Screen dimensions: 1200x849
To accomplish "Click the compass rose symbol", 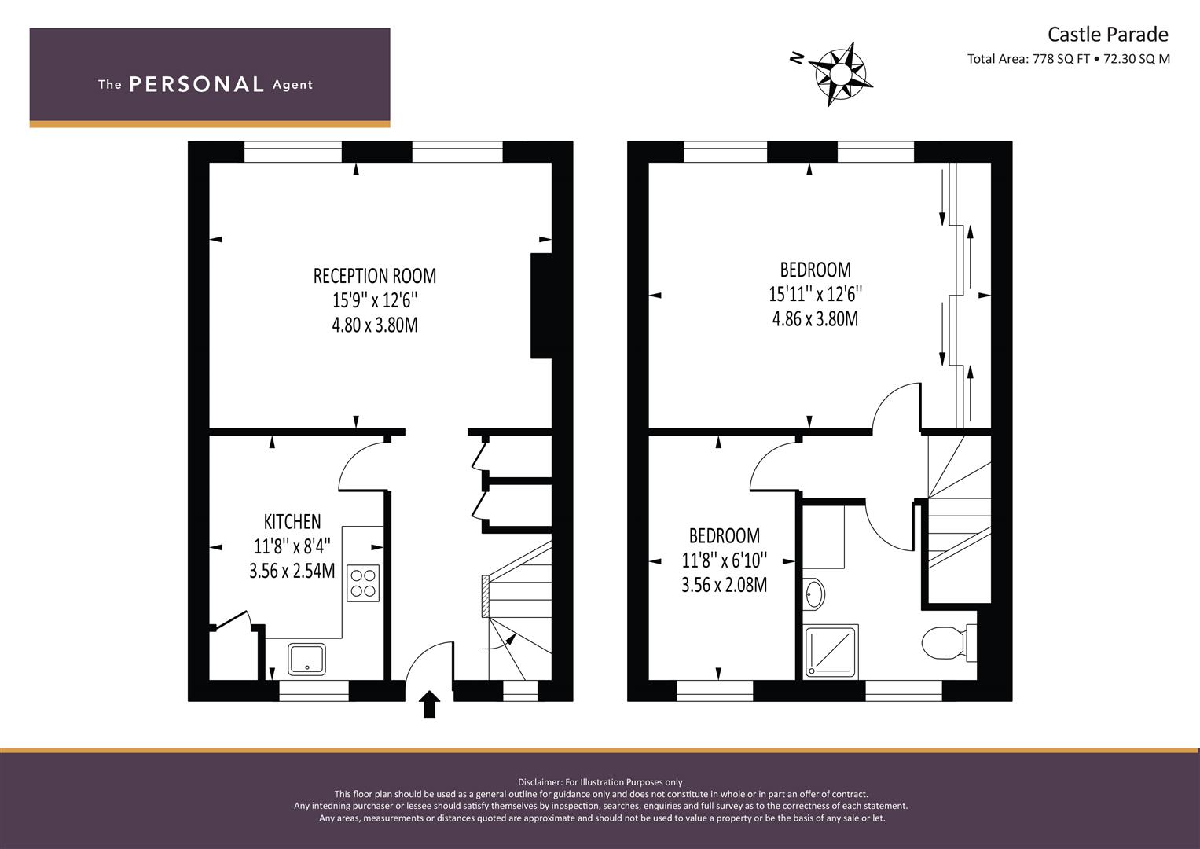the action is tap(841, 74).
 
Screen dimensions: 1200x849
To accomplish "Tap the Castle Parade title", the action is tap(1108, 35).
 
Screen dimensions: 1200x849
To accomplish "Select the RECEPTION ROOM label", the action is tap(375, 276).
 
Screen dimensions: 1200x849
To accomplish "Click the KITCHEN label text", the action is tap(292, 521).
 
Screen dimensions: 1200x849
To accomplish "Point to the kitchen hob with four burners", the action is tap(363, 583).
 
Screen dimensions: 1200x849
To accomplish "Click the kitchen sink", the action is tap(306, 660).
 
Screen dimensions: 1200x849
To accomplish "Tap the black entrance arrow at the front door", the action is tap(429, 704).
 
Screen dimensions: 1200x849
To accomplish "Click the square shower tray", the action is tap(831, 651).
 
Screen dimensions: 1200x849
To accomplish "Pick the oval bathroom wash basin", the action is tap(814, 594).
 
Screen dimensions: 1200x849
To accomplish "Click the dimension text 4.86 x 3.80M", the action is tap(815, 319).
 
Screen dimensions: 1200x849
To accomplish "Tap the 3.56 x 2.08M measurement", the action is tap(724, 584).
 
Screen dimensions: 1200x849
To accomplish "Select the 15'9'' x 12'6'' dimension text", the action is tap(375, 300).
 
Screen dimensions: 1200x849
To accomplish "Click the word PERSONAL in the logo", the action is tap(196, 84).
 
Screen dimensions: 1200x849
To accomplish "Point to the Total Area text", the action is tap(1068, 59).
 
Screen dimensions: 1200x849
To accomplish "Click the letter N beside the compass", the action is tap(797, 58).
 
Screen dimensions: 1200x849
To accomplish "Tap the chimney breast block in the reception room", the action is tap(541, 306).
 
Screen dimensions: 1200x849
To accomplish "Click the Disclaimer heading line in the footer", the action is tap(600, 782).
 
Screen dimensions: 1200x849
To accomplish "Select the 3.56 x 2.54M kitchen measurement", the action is tap(292, 571).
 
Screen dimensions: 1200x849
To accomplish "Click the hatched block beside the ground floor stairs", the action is tap(486, 596).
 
